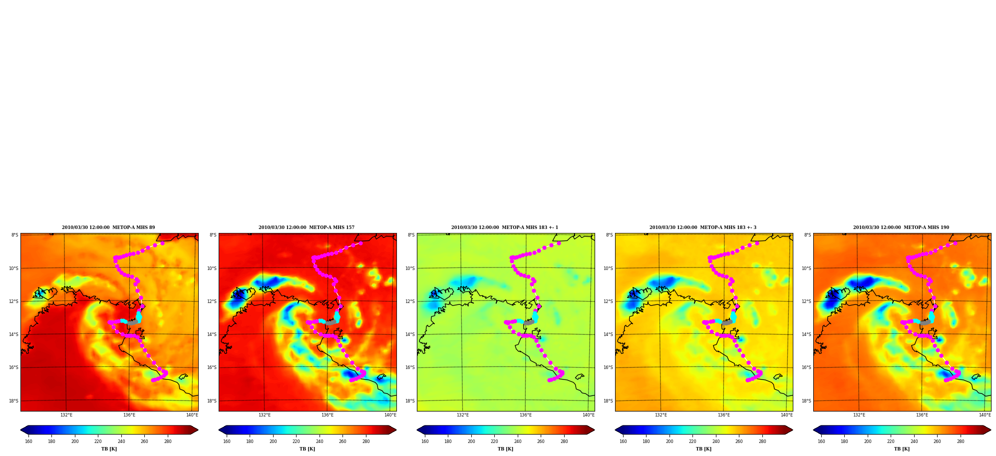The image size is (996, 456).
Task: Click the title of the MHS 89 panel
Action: click(108, 227)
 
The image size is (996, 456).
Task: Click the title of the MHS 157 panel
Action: click(307, 227)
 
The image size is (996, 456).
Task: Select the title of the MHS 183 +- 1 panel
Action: click(505, 227)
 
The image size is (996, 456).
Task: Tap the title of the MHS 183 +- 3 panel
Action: click(703, 227)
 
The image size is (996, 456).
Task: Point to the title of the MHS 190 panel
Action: click(901, 227)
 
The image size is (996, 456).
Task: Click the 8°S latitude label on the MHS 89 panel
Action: click(14, 235)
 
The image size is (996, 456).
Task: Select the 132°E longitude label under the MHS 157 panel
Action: click(265, 415)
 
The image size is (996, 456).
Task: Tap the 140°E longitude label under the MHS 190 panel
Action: click(985, 415)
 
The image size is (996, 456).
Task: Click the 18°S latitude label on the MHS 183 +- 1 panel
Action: click(410, 401)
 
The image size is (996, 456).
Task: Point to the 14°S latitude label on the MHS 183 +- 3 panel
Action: click(608, 334)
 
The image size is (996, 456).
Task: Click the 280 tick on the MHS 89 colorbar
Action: click(168, 441)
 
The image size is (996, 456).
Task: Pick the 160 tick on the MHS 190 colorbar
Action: click(821, 441)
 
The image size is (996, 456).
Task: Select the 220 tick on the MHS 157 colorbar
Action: click(296, 441)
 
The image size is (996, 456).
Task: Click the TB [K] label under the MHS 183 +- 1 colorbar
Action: click(505, 449)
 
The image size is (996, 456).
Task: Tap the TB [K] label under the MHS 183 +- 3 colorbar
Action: click(703, 449)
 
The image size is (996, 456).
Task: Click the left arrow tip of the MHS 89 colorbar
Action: click(20, 430)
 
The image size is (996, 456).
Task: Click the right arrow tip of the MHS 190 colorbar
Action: click(991, 430)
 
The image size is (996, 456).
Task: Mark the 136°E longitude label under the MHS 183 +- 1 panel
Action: click(526, 415)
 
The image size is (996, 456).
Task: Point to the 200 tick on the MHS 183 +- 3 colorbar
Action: click(669, 441)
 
